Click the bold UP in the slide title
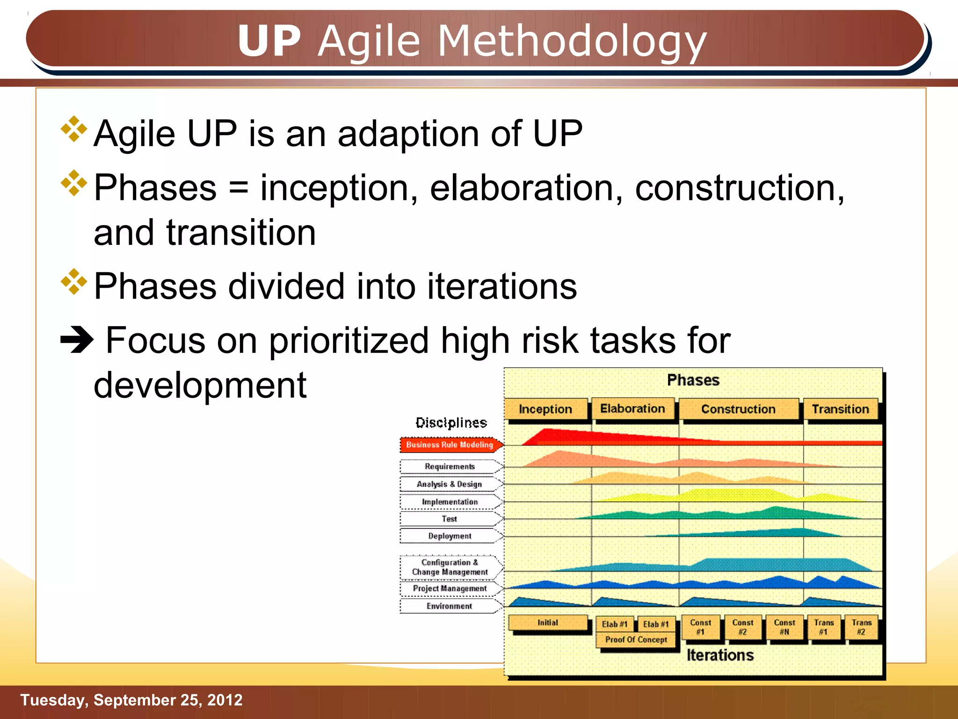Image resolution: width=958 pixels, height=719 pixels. (x=269, y=41)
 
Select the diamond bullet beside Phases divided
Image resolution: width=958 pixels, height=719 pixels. (x=74, y=282)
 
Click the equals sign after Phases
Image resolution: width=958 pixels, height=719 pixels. (x=239, y=188)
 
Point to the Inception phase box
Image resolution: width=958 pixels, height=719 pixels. (x=545, y=409)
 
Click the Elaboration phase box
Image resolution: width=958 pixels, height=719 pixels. (x=632, y=409)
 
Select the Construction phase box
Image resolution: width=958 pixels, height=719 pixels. (x=738, y=409)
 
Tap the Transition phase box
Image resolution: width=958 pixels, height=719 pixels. (x=840, y=409)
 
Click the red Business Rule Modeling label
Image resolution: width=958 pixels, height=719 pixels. (x=450, y=445)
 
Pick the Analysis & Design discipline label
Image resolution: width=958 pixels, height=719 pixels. (x=449, y=484)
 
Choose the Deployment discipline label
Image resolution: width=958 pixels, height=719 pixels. (x=450, y=536)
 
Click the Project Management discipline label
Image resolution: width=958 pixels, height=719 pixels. (x=450, y=588)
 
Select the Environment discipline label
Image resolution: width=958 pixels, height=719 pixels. (x=449, y=606)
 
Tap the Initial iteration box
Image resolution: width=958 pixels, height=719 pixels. (x=547, y=623)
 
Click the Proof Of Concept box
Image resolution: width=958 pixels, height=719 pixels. (x=636, y=639)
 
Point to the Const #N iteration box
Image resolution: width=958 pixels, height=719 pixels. (x=784, y=627)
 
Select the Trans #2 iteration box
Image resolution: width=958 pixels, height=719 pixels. (x=861, y=627)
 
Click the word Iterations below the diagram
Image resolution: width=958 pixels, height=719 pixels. (x=720, y=655)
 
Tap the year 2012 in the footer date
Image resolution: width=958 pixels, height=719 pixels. (x=225, y=700)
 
